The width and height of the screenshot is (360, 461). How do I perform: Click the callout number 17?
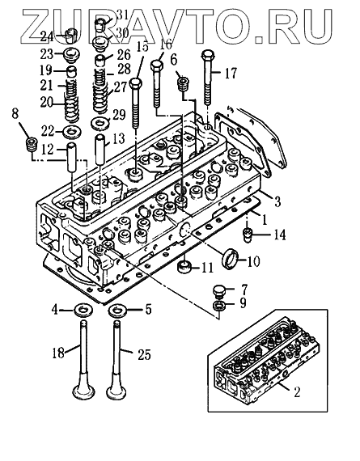[x=231, y=74]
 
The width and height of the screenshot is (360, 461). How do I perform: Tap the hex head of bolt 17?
[x=208, y=55]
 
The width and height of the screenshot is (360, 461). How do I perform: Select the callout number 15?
[x=142, y=46]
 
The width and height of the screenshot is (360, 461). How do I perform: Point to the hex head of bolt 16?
[x=156, y=65]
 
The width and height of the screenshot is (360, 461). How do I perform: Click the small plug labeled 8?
[x=32, y=144]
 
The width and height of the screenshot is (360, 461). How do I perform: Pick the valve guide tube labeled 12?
[x=72, y=158]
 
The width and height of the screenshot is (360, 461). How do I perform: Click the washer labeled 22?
[x=72, y=132]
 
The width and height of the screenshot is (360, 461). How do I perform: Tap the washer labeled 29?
[x=100, y=123]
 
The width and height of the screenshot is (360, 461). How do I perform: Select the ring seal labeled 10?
[x=230, y=257]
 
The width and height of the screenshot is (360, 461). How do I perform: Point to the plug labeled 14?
[x=247, y=235]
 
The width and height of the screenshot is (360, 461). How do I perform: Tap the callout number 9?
[x=243, y=303]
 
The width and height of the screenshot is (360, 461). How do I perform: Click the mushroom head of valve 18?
[x=84, y=390]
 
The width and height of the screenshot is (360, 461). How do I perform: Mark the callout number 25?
[x=144, y=354]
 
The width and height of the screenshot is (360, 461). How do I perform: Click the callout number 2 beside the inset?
[x=296, y=392]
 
